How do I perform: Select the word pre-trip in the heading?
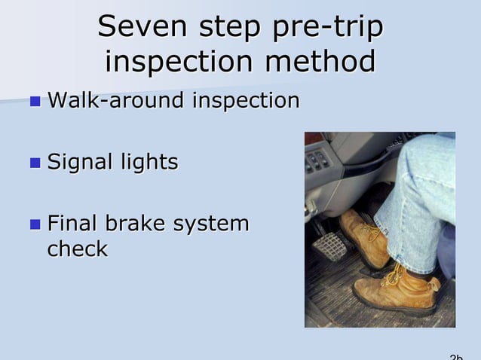pyautogui.click(x=329, y=27)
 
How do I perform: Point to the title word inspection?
pyautogui.click(x=180, y=62)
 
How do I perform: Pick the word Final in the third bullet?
pyautogui.click(x=72, y=224)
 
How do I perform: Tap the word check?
pyautogui.click(x=77, y=249)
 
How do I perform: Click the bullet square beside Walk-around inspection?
pyautogui.click(x=35, y=100)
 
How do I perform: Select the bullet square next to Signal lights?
pyautogui.click(x=35, y=162)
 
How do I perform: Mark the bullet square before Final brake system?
pyautogui.click(x=35, y=224)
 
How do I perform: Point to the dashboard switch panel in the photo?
pyautogui.click(x=318, y=160)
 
